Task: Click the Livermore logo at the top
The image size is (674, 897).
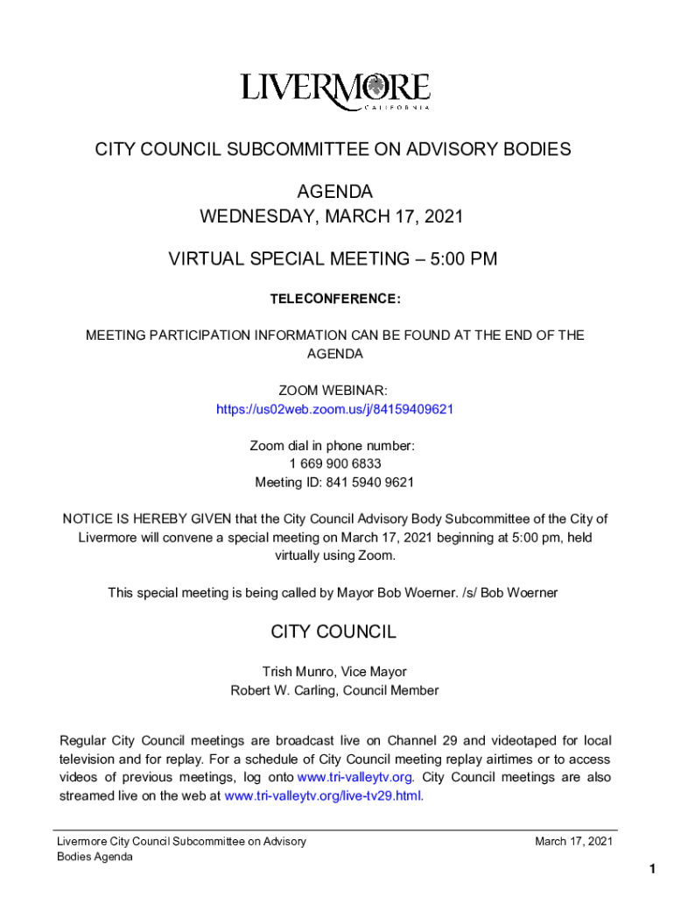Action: [x=336, y=91]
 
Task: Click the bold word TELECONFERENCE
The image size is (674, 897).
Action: [x=335, y=300]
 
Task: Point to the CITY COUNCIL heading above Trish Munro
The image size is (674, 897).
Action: [x=333, y=632]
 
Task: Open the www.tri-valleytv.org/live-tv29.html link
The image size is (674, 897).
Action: [x=323, y=796]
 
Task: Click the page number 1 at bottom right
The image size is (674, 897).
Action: [x=652, y=869]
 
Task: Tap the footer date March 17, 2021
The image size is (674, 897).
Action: [x=573, y=842]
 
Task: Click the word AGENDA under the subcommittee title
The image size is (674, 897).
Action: [x=334, y=192]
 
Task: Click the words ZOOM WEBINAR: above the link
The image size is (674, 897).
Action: [x=333, y=391]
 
